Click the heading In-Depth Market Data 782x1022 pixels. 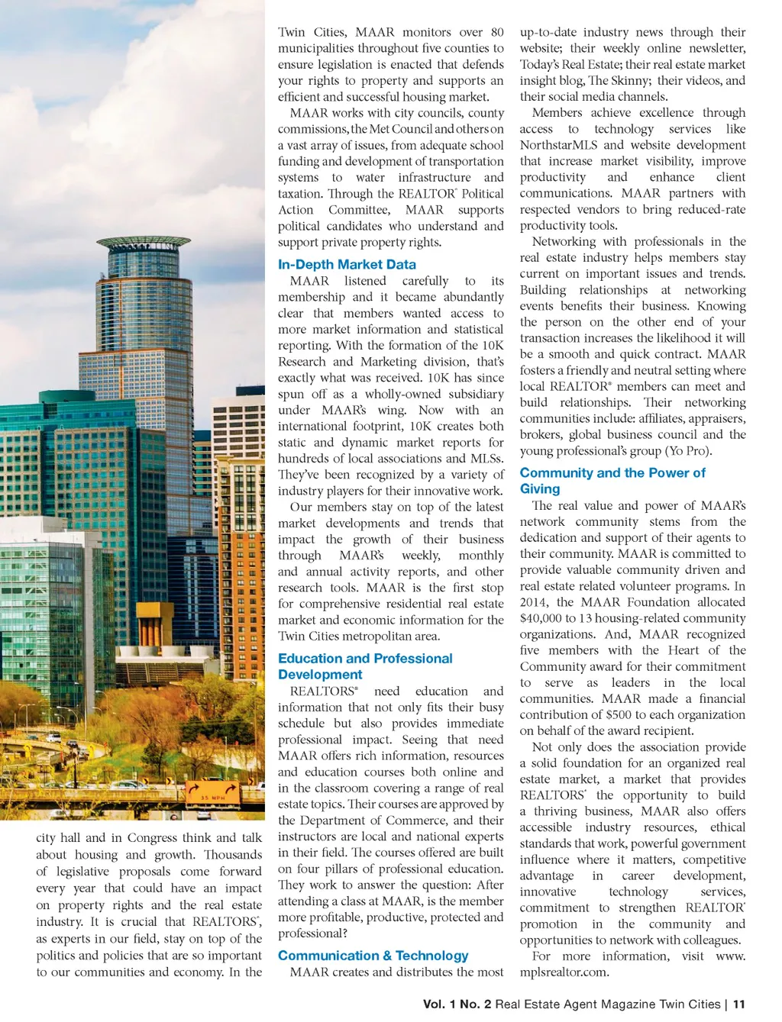pos(347,265)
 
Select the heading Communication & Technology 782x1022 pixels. pos(373,956)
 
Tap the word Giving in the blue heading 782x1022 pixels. pos(540,489)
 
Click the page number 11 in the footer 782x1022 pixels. pos(738,1004)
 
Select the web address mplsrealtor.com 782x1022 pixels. pos(564,972)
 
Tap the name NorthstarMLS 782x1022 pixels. pos(558,145)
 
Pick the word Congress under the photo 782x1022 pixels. pos(157,838)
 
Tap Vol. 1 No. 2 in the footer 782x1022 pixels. pos(457,1004)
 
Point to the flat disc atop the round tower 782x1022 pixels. pos(144,243)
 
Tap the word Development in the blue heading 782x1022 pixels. pos(320,675)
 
